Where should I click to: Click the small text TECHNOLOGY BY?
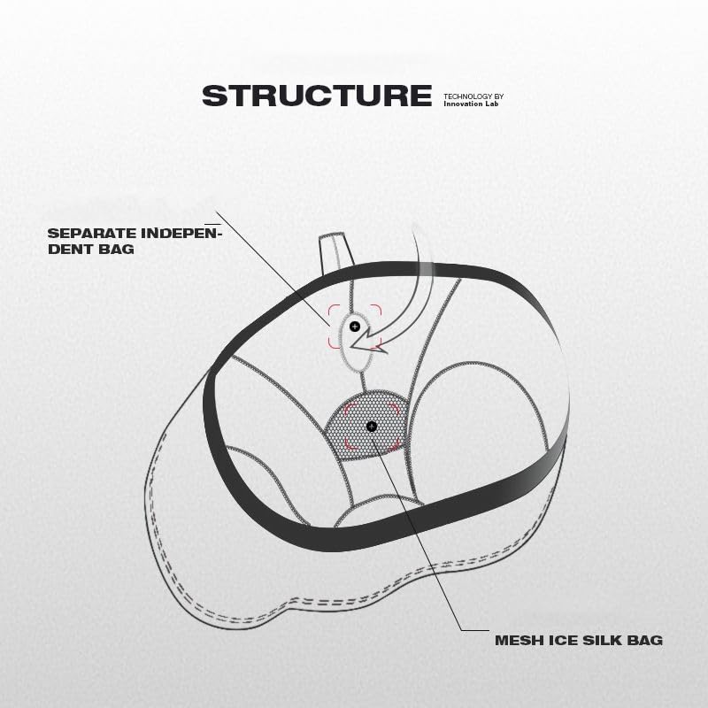click(473, 95)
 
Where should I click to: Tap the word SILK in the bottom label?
click(599, 639)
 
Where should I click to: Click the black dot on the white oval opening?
click(355, 327)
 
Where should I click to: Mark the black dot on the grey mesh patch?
click(371, 426)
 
